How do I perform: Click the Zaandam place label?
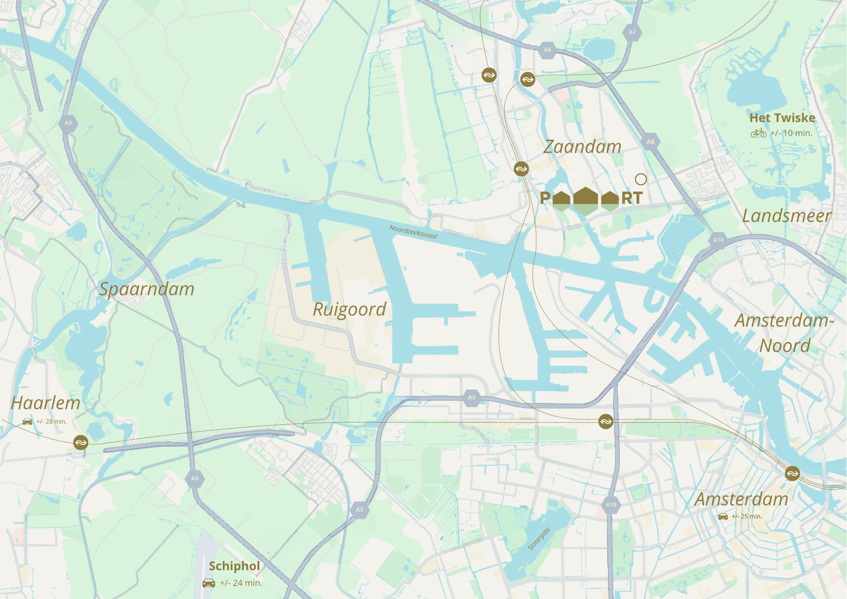[x=582, y=147]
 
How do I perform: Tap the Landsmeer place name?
[x=786, y=216]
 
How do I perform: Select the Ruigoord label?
[x=349, y=309]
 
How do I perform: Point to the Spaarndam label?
[x=147, y=289]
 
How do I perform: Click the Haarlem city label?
[x=45, y=403]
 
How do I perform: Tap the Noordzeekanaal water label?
[x=413, y=232]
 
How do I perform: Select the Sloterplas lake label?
[x=539, y=538]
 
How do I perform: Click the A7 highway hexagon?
[x=632, y=32]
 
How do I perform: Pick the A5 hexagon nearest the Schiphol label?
[x=360, y=510]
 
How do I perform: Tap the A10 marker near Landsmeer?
[x=718, y=240]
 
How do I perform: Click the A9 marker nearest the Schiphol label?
[x=195, y=479]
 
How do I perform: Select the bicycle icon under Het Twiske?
[x=758, y=133]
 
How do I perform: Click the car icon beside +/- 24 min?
[x=209, y=583]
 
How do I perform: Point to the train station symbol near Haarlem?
[x=80, y=443]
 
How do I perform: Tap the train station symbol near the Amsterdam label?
[x=792, y=473]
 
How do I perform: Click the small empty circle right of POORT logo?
[x=641, y=180]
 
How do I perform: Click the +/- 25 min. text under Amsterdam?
[x=747, y=516]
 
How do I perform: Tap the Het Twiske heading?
[x=782, y=118]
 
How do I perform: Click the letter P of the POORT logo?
[x=545, y=198]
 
